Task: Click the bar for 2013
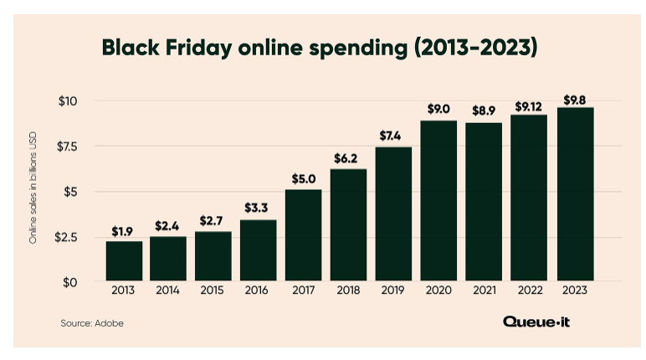point(123,261)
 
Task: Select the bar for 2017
point(303,235)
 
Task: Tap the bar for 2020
point(438,201)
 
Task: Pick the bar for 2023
point(575,194)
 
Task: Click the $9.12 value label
point(529,106)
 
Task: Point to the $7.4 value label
point(393,136)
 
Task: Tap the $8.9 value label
point(484,111)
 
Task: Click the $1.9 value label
point(123,229)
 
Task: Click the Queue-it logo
point(536,321)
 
